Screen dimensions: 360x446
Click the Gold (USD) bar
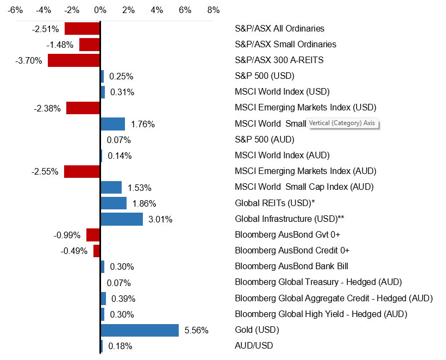coord(140,330)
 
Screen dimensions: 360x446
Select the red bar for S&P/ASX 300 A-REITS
coord(74,60)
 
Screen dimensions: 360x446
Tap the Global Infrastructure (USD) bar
coord(122,219)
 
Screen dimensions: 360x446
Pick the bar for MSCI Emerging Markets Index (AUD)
coord(82,171)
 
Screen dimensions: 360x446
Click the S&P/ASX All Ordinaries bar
coord(82,28)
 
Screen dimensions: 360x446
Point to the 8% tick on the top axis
coord(213,10)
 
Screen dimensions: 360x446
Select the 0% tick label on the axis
coord(100,10)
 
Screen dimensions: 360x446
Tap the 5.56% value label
coord(197,330)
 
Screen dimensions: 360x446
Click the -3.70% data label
coord(29,60)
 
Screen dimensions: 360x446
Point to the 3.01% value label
coord(161,219)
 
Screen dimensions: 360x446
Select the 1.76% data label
coord(143,124)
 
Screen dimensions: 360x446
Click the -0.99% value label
coord(67,235)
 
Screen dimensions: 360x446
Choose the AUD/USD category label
coord(254,346)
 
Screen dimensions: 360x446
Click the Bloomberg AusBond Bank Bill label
coord(291,266)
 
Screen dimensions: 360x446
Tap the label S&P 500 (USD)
coord(264,76)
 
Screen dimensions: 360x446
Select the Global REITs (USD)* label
coord(275,203)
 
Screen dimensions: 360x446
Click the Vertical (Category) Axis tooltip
coord(342,123)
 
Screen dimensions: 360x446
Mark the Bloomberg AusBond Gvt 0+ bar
coord(93,235)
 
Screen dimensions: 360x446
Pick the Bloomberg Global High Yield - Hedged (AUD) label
coord(321,314)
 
